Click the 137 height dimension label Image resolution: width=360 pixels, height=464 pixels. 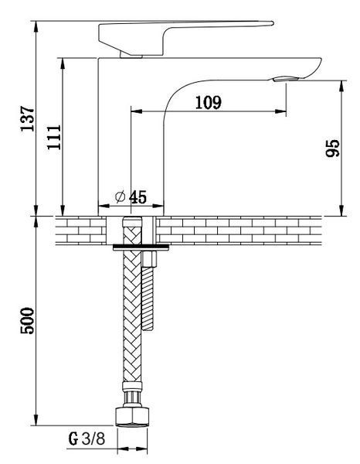pyautogui.click(x=27, y=118)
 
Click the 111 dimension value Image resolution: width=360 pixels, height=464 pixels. pyautogui.click(x=54, y=138)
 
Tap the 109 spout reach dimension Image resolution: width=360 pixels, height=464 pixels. pyautogui.click(x=208, y=102)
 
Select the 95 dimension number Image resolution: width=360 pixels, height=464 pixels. pyautogui.click(x=332, y=148)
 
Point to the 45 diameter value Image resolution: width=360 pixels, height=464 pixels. pyautogui.click(x=138, y=197)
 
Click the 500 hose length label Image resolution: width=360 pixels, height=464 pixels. pyautogui.click(x=27, y=321)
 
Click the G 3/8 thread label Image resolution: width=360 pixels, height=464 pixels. pyautogui.click(x=87, y=438)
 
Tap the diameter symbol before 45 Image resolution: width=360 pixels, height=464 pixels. pyautogui.click(x=121, y=197)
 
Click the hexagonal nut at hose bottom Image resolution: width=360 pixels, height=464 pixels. pyautogui.click(x=132, y=417)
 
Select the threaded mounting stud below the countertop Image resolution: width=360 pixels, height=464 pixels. pyautogui.click(x=148, y=298)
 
